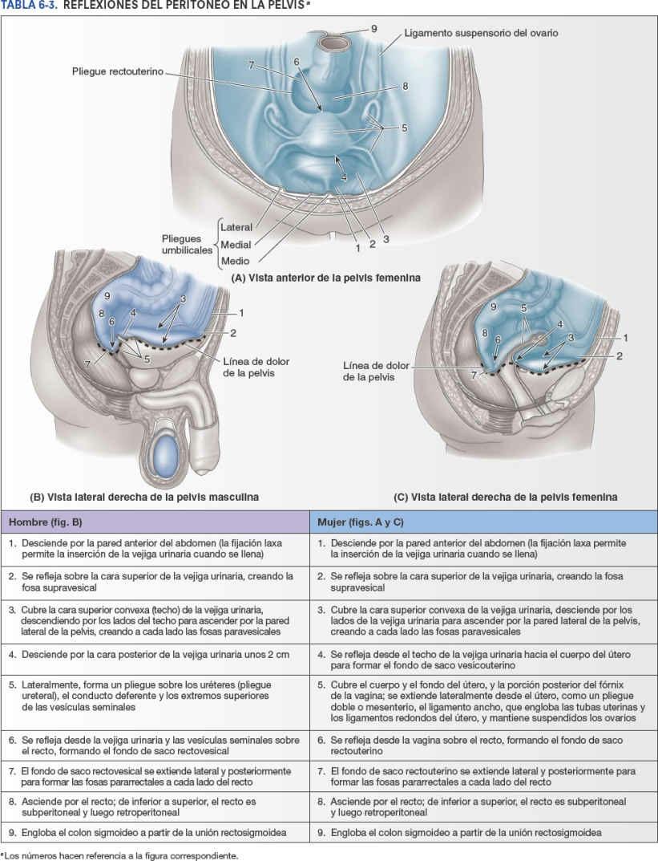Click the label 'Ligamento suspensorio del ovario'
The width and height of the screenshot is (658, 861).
click(481, 33)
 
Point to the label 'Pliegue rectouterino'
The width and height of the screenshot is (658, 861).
click(116, 72)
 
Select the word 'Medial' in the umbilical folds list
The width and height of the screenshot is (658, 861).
click(236, 245)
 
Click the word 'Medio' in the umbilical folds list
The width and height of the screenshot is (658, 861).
click(235, 261)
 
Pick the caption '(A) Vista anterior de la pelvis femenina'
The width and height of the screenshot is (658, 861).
click(326, 278)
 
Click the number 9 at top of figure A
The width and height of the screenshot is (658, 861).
click(373, 29)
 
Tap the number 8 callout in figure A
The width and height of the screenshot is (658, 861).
click(406, 87)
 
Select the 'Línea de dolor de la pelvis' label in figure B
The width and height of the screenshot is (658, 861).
click(256, 368)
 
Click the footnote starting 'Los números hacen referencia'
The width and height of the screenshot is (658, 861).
click(120, 855)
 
